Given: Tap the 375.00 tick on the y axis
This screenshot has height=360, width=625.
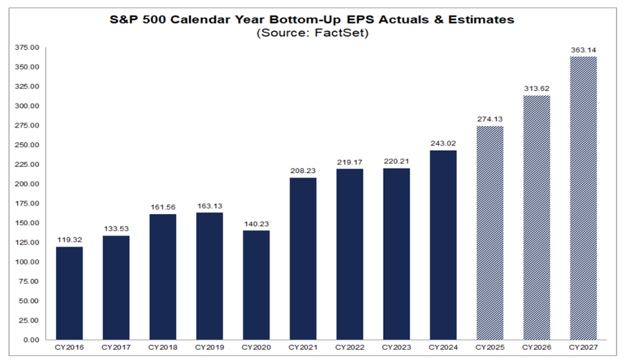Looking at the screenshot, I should pyautogui.click(x=28, y=48).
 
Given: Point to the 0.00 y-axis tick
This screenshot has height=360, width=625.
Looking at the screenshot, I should pyautogui.click(x=32, y=339).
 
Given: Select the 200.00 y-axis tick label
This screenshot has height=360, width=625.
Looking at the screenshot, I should pyautogui.click(x=28, y=184).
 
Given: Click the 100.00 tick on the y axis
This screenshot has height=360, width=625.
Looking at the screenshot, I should pyautogui.click(x=28, y=262).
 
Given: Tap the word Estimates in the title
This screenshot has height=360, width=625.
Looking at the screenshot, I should pyautogui.click(x=478, y=19).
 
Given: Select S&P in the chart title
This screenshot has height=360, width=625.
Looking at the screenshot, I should pyautogui.click(x=125, y=19).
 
